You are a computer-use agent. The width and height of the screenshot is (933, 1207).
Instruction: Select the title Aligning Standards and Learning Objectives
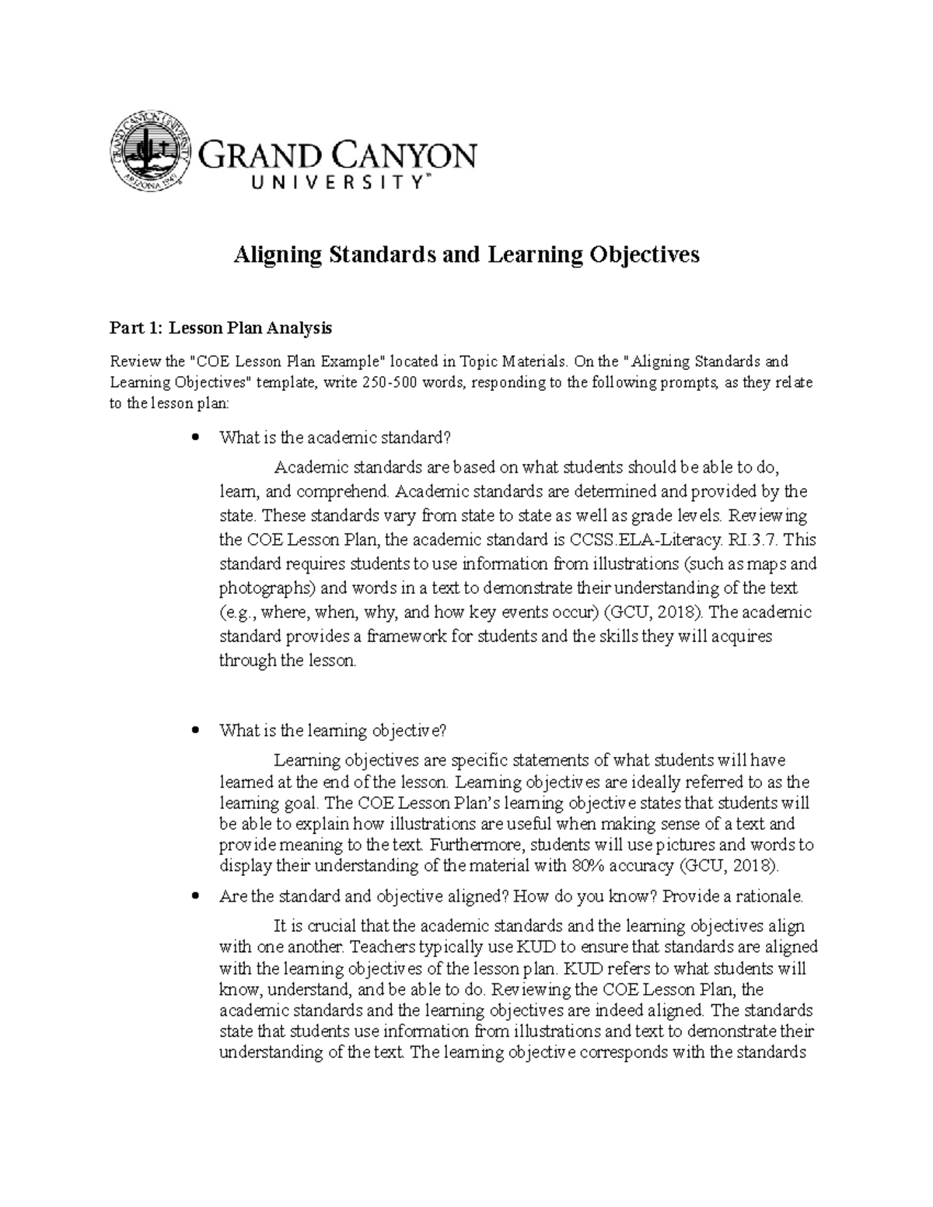pos(466,255)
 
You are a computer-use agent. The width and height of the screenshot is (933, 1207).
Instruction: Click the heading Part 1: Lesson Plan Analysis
pos(221,329)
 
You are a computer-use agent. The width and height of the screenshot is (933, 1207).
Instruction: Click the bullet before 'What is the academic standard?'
pos(195,438)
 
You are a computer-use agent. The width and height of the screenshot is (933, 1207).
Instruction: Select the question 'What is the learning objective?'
pos(334,731)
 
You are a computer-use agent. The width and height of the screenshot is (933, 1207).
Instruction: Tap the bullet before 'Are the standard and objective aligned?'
pos(195,897)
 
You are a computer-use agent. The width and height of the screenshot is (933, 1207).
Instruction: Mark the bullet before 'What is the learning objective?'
pos(195,731)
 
